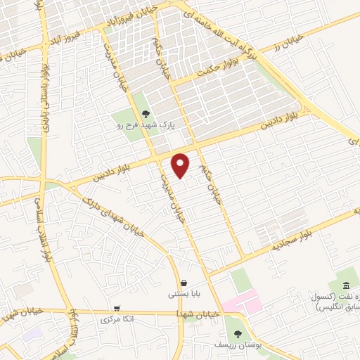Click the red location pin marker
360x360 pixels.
pyautogui.click(x=181, y=165)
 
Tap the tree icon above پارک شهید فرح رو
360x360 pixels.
pyautogui.click(x=146, y=114)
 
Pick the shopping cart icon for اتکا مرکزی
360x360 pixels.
pyautogui.click(x=116, y=309)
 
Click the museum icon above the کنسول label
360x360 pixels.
pyautogui.click(x=347, y=285)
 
